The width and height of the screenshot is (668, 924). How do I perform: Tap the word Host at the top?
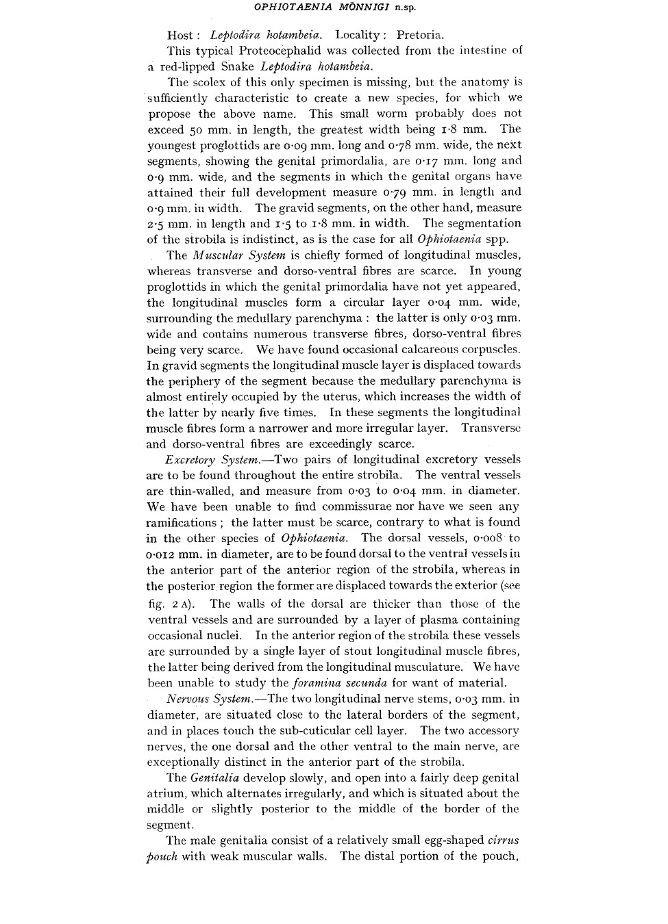coord(180,35)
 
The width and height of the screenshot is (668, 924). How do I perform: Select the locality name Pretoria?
coord(420,35)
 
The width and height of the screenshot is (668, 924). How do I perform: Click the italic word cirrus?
coord(504,840)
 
